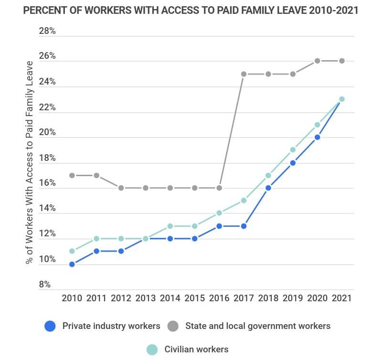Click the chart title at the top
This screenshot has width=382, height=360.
click(x=191, y=11)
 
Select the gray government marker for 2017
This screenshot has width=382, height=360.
click(x=244, y=74)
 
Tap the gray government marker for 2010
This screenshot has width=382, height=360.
click(x=72, y=175)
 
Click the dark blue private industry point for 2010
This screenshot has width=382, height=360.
click(x=72, y=264)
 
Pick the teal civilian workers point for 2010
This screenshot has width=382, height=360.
click(x=72, y=251)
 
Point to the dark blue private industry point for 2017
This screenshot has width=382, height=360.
click(x=244, y=226)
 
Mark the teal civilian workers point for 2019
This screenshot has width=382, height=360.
click(x=293, y=149)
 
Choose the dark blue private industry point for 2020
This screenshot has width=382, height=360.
click(x=317, y=137)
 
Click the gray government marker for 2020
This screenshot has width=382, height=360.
click(x=317, y=61)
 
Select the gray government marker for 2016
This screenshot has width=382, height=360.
click(x=219, y=188)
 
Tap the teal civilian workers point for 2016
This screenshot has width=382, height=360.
click(x=219, y=213)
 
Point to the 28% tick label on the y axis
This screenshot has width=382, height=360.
click(x=47, y=32)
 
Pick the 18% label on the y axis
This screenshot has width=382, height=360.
click(x=47, y=158)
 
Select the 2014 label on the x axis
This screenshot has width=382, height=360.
click(x=170, y=298)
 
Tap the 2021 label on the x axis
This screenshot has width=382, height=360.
click(x=341, y=298)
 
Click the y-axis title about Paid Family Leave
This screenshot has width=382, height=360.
click(x=30, y=162)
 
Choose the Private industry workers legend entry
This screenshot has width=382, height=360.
click(x=111, y=326)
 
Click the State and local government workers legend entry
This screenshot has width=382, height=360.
click(x=257, y=326)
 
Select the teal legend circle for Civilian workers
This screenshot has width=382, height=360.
click(x=152, y=349)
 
